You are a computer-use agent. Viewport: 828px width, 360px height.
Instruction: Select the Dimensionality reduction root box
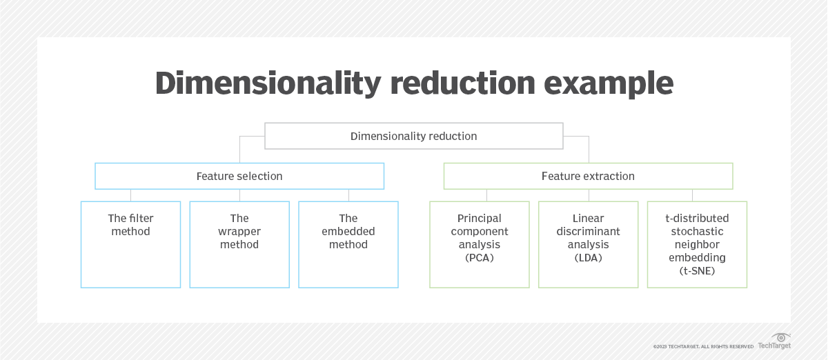coord(414,136)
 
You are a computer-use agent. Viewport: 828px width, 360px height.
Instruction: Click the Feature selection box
coord(239,176)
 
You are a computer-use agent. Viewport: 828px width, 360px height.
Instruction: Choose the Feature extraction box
coord(588,176)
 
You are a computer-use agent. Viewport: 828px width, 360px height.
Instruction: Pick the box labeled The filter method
coord(130,244)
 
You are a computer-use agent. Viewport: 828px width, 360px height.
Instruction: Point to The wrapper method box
coord(239,244)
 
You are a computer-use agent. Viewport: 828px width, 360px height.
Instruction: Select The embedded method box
coord(348,244)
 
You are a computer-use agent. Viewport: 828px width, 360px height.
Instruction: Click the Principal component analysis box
coord(480,244)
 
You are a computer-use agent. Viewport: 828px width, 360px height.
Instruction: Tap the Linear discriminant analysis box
coord(588,244)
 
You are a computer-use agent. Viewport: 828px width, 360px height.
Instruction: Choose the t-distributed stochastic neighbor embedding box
coord(697,244)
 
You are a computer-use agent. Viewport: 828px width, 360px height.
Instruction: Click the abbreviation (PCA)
coord(480,258)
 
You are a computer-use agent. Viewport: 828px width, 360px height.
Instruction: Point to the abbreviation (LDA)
coord(588,258)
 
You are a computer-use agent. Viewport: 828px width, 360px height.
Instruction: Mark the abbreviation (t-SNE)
coord(697,271)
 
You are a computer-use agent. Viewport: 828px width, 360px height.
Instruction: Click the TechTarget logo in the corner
coord(774,341)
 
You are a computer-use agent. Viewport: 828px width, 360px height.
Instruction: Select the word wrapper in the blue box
coord(239,232)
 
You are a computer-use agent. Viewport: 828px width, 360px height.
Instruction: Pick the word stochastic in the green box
coord(697,232)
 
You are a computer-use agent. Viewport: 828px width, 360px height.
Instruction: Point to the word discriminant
coord(588,232)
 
